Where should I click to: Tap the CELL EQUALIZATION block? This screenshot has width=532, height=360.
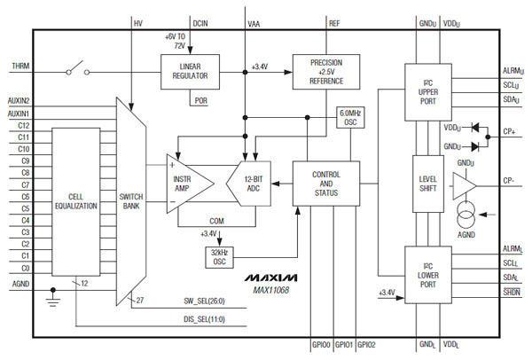pos(75,200)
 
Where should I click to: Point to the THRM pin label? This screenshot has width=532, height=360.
pos(20,67)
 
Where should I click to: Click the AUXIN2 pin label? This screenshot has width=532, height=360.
pos(19,101)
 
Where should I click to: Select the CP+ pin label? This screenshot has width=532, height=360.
pos(509,132)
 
